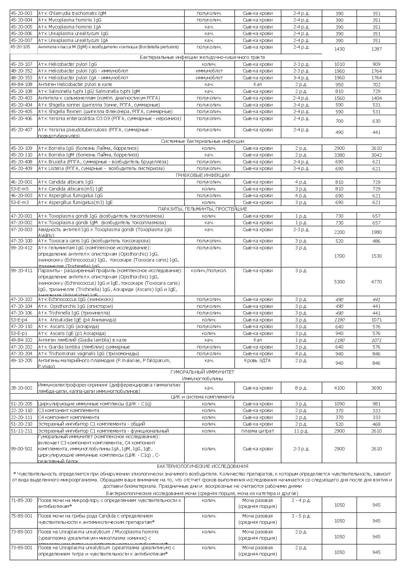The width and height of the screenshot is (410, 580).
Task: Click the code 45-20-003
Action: [x=21, y=13]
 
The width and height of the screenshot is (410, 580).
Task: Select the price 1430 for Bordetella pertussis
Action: [x=339, y=49]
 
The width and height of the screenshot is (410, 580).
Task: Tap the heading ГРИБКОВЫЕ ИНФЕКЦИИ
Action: [x=202, y=175]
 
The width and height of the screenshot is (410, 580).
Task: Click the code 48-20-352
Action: [x=21, y=71]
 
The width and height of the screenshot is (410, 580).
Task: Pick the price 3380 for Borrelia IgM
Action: [x=339, y=155]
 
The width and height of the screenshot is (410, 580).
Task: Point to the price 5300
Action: [x=339, y=282]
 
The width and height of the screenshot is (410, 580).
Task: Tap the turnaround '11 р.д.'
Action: [x=301, y=431]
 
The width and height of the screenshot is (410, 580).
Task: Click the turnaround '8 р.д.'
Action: [x=301, y=388]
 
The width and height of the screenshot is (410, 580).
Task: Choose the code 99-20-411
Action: [x=21, y=270]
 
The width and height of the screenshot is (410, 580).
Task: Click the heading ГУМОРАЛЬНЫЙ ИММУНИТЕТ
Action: [x=202, y=372]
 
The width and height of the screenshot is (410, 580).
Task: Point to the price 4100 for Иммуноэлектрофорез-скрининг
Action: [x=339, y=388]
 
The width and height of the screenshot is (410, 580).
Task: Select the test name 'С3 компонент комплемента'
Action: [x=68, y=410]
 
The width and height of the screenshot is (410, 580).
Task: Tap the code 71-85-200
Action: [x=21, y=500]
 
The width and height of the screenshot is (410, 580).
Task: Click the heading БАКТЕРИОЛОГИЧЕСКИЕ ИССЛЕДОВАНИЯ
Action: [x=202, y=466]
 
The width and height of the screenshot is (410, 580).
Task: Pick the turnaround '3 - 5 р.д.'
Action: [x=301, y=516]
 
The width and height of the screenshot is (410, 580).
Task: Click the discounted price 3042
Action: [x=376, y=155]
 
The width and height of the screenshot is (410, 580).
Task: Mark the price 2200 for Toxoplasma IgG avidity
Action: [x=339, y=232]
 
